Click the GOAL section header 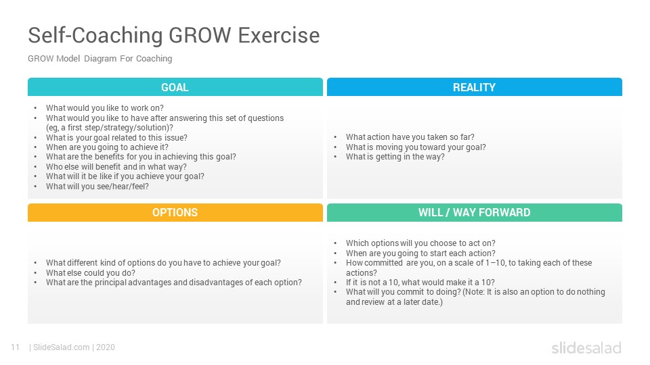pyautogui.click(x=175, y=87)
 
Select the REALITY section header pyautogui.click(x=474, y=87)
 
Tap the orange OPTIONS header pyautogui.click(x=175, y=212)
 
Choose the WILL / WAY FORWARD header pyautogui.click(x=474, y=212)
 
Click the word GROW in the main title pyautogui.click(x=200, y=35)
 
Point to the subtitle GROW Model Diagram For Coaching pyautogui.click(x=100, y=58)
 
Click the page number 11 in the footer pyautogui.click(x=16, y=347)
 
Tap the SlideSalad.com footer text pyautogui.click(x=61, y=347)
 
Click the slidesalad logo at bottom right pyautogui.click(x=586, y=347)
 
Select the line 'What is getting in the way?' pyautogui.click(x=395, y=157)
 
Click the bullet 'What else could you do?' pyautogui.click(x=90, y=272)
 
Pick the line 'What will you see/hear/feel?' pyautogui.click(x=97, y=187)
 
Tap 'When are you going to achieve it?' pyautogui.click(x=107, y=147)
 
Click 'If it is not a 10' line pyautogui.click(x=420, y=283)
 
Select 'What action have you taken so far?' pyautogui.click(x=410, y=137)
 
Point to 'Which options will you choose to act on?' pyautogui.click(x=420, y=243)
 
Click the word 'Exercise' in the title pyautogui.click(x=279, y=35)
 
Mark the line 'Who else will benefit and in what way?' pyautogui.click(x=116, y=167)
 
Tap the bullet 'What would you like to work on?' pyautogui.click(x=104, y=108)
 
